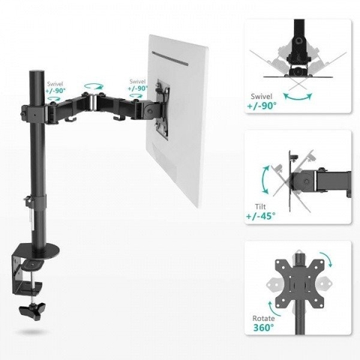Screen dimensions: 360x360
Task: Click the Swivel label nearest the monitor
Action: (138, 85)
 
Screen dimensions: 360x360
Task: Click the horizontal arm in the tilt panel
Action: (322, 180)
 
